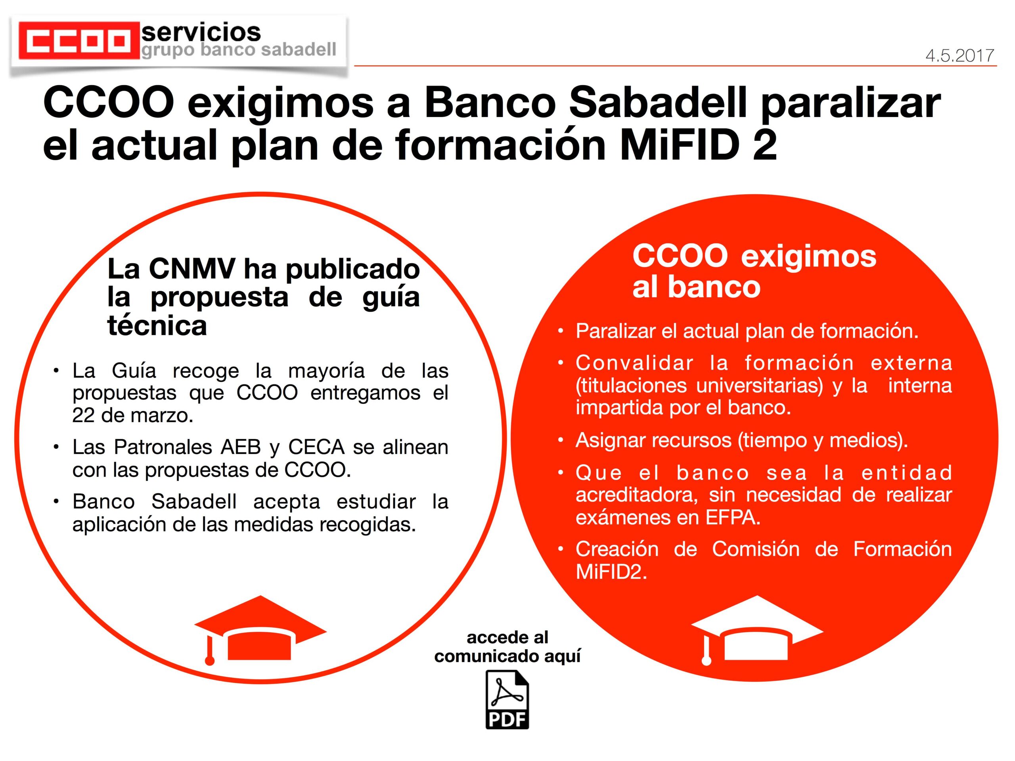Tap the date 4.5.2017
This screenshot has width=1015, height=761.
[x=960, y=56]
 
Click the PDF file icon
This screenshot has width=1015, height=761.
[x=507, y=700]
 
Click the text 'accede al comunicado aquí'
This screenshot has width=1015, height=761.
[x=507, y=647]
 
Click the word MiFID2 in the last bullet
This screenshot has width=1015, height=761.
[x=611, y=572]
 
